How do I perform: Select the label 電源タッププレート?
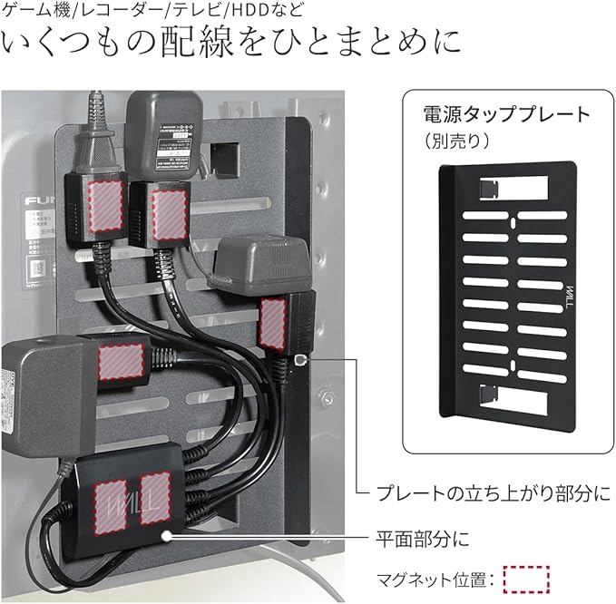point(507,115)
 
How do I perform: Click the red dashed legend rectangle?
point(525,578)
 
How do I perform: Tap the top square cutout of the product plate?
point(489,187)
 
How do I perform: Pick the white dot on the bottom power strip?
point(166,536)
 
